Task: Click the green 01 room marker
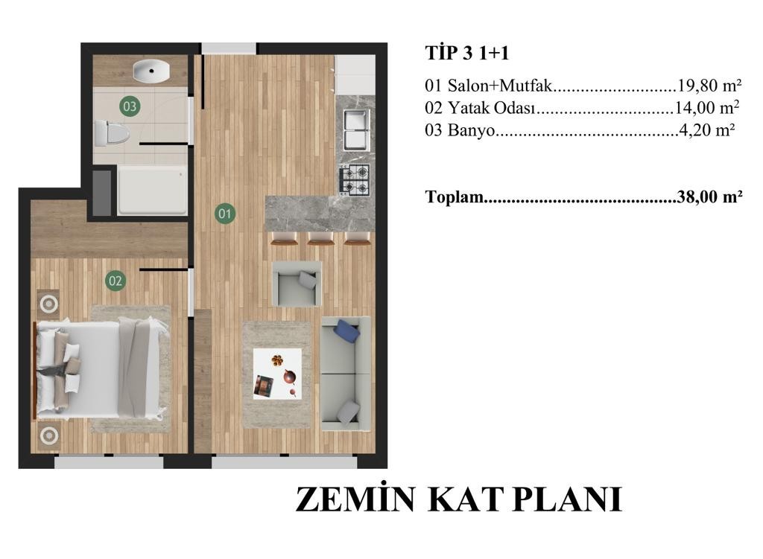click(224, 214)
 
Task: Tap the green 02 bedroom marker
click(115, 281)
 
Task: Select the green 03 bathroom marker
click(130, 106)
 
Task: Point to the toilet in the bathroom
click(110, 133)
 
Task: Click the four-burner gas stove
click(355, 179)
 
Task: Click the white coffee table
click(277, 374)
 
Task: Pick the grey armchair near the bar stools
click(297, 284)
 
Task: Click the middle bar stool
click(320, 238)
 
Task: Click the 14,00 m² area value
click(707, 107)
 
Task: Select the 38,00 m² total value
click(709, 197)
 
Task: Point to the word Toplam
click(455, 197)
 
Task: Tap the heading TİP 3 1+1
click(467, 53)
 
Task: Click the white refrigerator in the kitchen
click(355, 74)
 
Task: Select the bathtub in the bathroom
click(152, 191)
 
